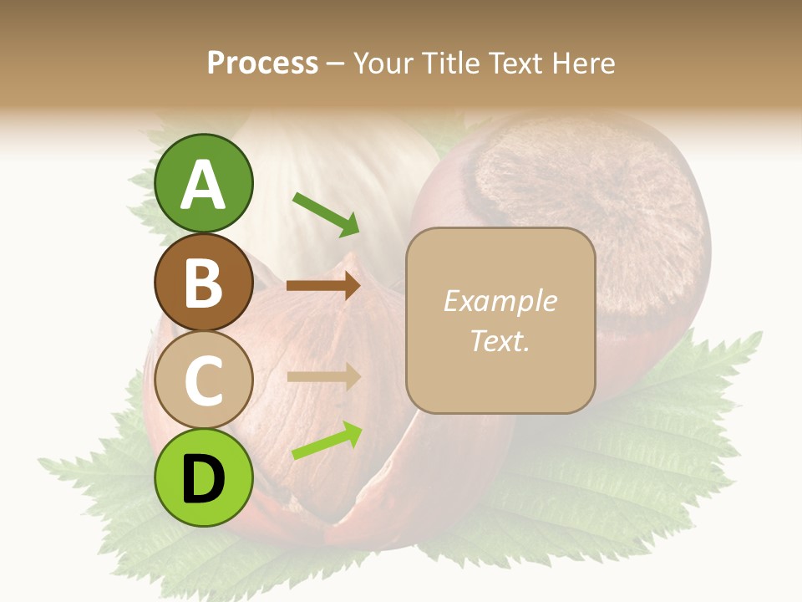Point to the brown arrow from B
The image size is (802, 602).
click(323, 286)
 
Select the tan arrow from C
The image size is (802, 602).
click(323, 376)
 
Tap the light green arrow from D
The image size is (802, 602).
click(327, 441)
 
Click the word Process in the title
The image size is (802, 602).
click(262, 63)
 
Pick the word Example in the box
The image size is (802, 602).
click(500, 301)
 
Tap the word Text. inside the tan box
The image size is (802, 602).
click(500, 340)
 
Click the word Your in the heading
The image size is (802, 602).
click(381, 63)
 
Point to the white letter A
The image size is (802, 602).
click(203, 184)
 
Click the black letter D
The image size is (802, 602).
click(203, 479)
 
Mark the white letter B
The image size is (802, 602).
click(203, 283)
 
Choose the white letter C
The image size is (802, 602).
click(203, 380)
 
